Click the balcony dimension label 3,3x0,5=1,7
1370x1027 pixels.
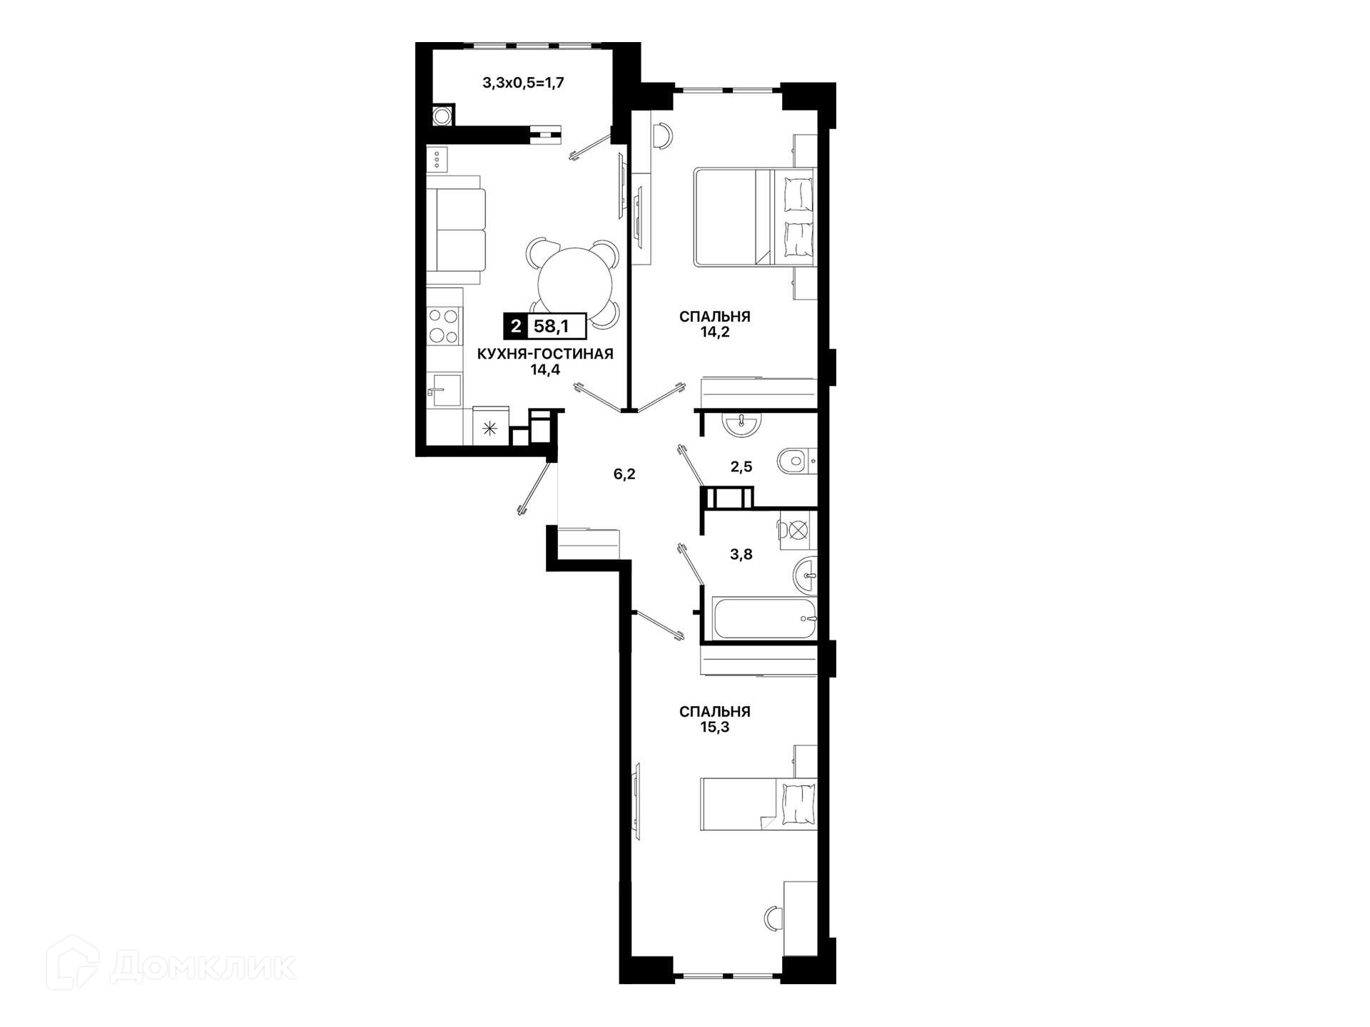coord(523,83)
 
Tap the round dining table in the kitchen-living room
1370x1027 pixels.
coord(574,284)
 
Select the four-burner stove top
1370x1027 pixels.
coord(444,326)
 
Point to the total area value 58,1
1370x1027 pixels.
coord(552,327)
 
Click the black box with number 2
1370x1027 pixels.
coord(515,327)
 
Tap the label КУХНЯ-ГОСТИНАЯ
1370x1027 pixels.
coord(545,354)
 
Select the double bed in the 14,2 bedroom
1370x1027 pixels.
coord(755,217)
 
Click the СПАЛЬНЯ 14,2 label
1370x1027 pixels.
coord(715,324)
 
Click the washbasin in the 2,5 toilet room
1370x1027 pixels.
coord(742,424)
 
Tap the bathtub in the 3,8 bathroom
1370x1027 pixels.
coord(764,618)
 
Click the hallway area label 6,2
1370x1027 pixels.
coord(624,474)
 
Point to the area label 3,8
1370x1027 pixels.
coord(741,554)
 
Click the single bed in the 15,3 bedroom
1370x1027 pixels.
coord(758,804)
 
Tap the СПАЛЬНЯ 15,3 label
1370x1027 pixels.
coord(715,719)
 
